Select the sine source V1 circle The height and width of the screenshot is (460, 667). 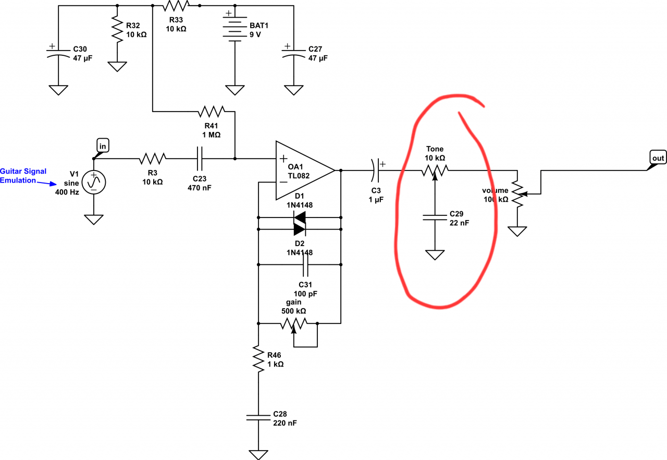tap(94, 182)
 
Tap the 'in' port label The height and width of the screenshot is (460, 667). tap(102, 147)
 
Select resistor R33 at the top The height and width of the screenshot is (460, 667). tap(175, 6)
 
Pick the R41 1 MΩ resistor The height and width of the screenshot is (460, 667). tap(212, 112)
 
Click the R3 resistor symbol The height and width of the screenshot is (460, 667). tap(152, 158)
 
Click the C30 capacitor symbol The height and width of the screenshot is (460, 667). tap(58, 52)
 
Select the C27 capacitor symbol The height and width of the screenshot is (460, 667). tap(293, 52)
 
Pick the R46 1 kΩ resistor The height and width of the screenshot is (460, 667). tap(258, 358)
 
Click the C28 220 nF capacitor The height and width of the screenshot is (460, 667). tap(258, 417)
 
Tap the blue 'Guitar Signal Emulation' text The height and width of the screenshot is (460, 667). tap(23, 176)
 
